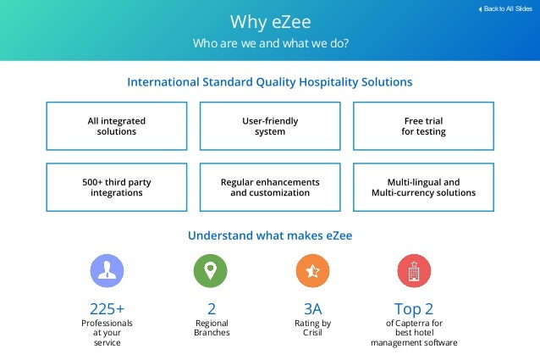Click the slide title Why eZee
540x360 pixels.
(270, 20)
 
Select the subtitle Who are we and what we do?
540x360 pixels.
(270, 43)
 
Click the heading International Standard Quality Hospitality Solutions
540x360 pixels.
(270, 82)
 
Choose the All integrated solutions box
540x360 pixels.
(117, 126)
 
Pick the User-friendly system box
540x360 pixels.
(270, 126)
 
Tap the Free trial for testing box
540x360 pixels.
(423, 126)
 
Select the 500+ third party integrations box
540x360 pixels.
(117, 187)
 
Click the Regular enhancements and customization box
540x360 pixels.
(270, 187)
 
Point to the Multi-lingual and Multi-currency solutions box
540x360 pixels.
(423, 187)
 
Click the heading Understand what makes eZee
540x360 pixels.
(270, 235)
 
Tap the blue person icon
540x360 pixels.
(107, 271)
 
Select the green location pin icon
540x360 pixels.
(211, 271)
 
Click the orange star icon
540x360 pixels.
(312, 271)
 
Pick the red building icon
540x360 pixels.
(414, 271)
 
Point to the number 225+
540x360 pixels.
(107, 307)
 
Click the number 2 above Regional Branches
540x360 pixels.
(212, 307)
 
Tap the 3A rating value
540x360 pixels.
(312, 307)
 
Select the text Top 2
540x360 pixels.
(415, 307)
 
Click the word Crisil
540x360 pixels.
(312, 333)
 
